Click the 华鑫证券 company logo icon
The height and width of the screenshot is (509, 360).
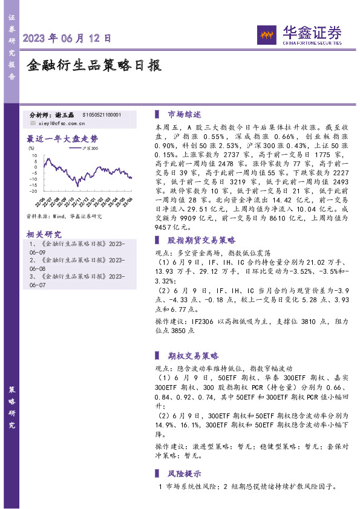[x=266, y=34]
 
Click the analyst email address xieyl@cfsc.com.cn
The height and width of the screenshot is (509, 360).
[x=67, y=123]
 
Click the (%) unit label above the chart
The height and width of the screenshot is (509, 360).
[x=31, y=147]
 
